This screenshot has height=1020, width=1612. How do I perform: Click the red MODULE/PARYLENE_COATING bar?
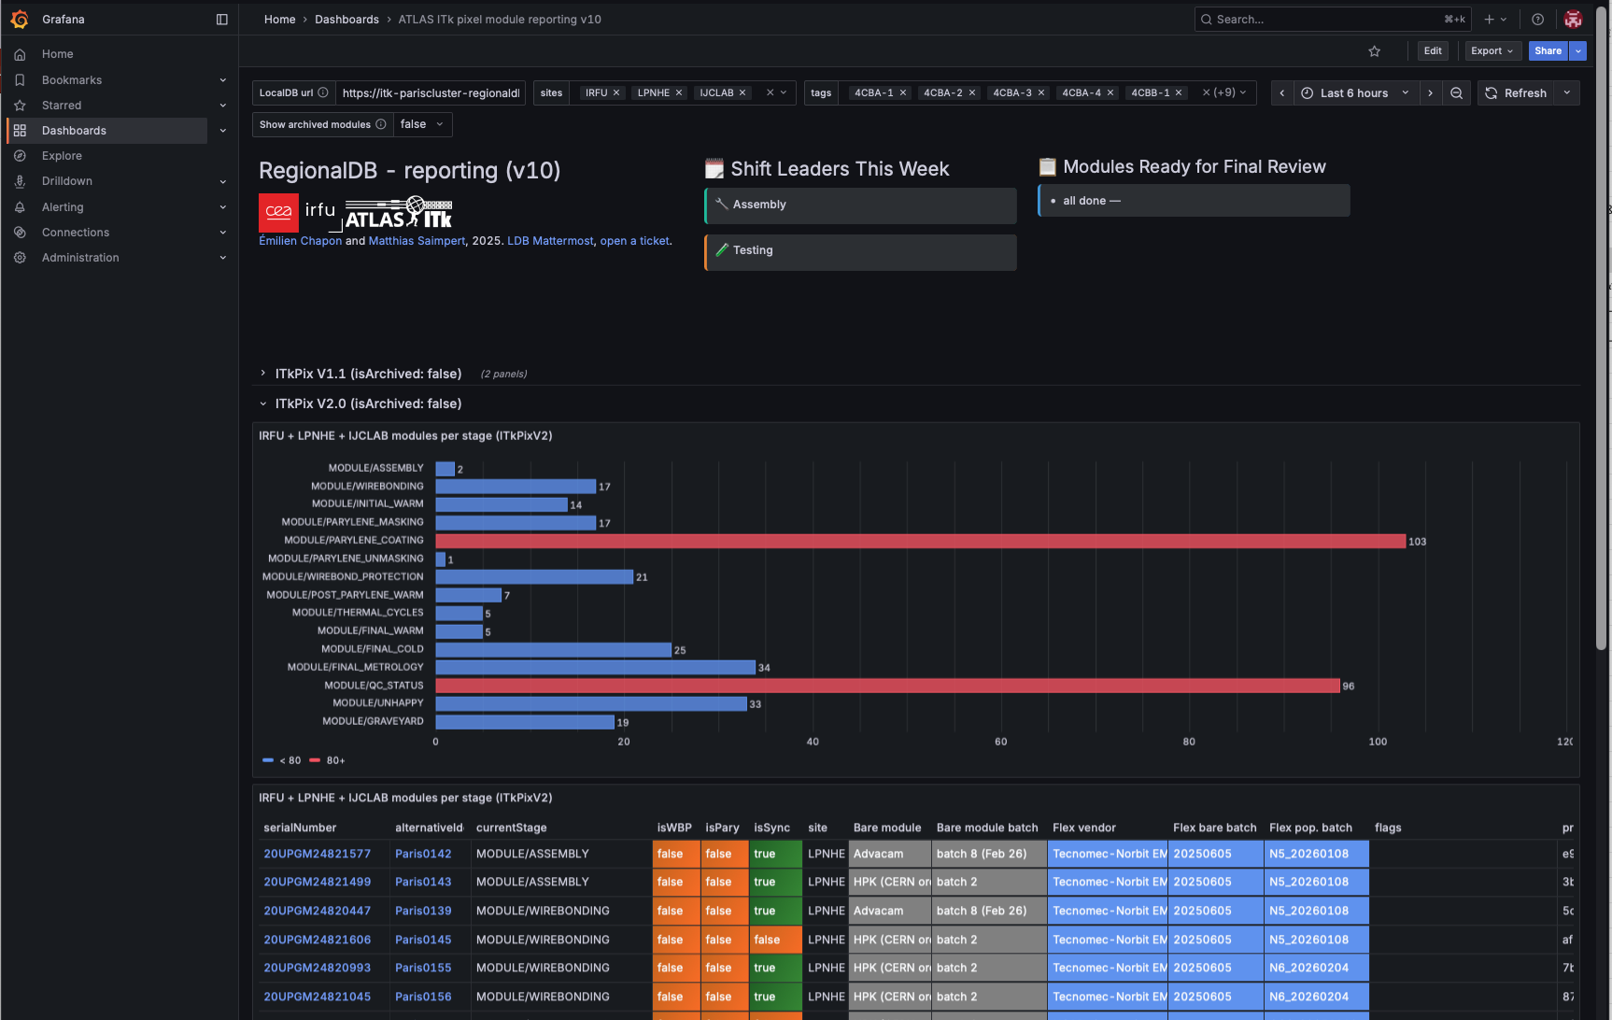pyautogui.click(x=920, y=541)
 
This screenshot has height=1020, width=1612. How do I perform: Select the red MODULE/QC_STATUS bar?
pyautogui.click(x=887, y=686)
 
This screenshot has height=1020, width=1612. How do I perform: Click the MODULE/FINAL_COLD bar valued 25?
pyautogui.click(x=553, y=649)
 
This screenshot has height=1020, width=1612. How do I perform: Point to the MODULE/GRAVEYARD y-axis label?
pyautogui.click(x=373, y=721)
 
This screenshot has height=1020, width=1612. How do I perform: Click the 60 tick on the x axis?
pyautogui.click(x=1000, y=742)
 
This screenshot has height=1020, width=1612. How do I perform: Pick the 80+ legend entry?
pyautogui.click(x=328, y=760)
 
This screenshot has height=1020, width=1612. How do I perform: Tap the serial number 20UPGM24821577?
pyautogui.click(x=317, y=854)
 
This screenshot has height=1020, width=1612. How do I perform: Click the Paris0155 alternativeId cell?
pyautogui.click(x=423, y=968)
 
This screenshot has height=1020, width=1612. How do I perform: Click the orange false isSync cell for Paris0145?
pyautogui.click(x=775, y=940)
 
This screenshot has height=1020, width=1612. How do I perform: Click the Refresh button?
pyautogui.click(x=1516, y=93)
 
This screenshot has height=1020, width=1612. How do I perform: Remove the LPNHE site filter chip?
pyautogui.click(x=679, y=93)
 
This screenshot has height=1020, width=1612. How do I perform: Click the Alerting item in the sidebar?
pyautogui.click(x=63, y=207)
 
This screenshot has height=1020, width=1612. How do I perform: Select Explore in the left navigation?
pyautogui.click(x=62, y=156)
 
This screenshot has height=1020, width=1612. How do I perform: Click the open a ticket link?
pyautogui.click(x=634, y=241)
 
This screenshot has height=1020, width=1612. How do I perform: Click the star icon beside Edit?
pyautogui.click(x=1374, y=51)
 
